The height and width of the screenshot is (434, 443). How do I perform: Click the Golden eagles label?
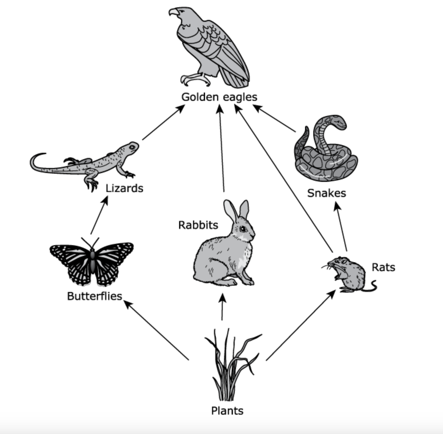[219, 97]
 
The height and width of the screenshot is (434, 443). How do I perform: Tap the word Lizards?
[124, 188]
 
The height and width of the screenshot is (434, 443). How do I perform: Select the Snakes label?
[327, 193]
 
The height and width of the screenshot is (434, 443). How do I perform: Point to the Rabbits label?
[198, 225]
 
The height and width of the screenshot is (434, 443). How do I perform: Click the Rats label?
[383, 267]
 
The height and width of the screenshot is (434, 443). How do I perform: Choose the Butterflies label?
[95, 296]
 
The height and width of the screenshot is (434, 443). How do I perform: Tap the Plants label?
[227, 411]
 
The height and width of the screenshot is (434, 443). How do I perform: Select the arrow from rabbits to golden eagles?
[221, 149]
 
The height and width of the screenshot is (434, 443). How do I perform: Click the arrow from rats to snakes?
[341, 226]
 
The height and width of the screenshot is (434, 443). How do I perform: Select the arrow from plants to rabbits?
[222, 307]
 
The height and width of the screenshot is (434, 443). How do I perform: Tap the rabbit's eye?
[243, 228]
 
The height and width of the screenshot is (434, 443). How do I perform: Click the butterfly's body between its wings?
[92, 261]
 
